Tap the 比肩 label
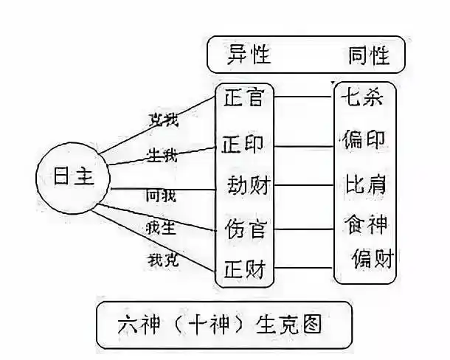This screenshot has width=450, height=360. coord(364,181)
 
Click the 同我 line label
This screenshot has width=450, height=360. coord(162,195)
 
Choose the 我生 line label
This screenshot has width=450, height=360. coord(162,227)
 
